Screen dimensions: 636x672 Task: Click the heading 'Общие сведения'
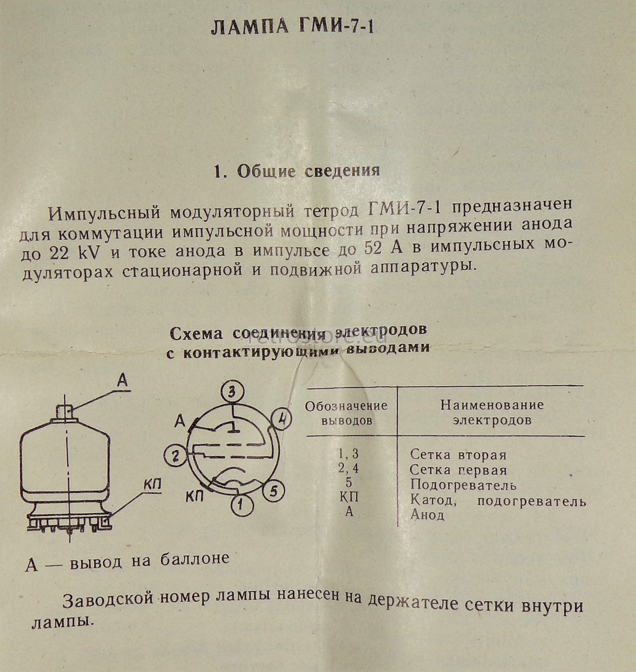click(x=308, y=171)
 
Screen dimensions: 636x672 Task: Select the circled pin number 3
click(x=232, y=392)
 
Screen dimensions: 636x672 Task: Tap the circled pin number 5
click(x=274, y=491)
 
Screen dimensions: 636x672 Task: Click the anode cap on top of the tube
click(x=65, y=412)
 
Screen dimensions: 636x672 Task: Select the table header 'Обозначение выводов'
click(x=346, y=413)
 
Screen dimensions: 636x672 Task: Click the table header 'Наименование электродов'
click(x=492, y=412)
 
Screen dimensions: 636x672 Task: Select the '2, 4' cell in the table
click(x=348, y=469)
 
